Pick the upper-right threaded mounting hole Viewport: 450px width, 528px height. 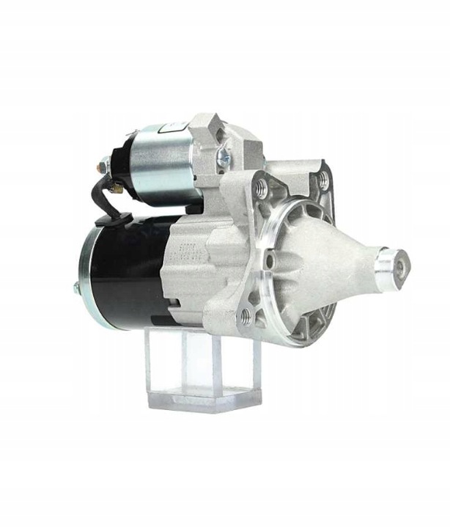[322, 178]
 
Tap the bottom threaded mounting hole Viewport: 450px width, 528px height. [246, 316]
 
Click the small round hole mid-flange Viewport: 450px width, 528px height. [270, 260]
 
